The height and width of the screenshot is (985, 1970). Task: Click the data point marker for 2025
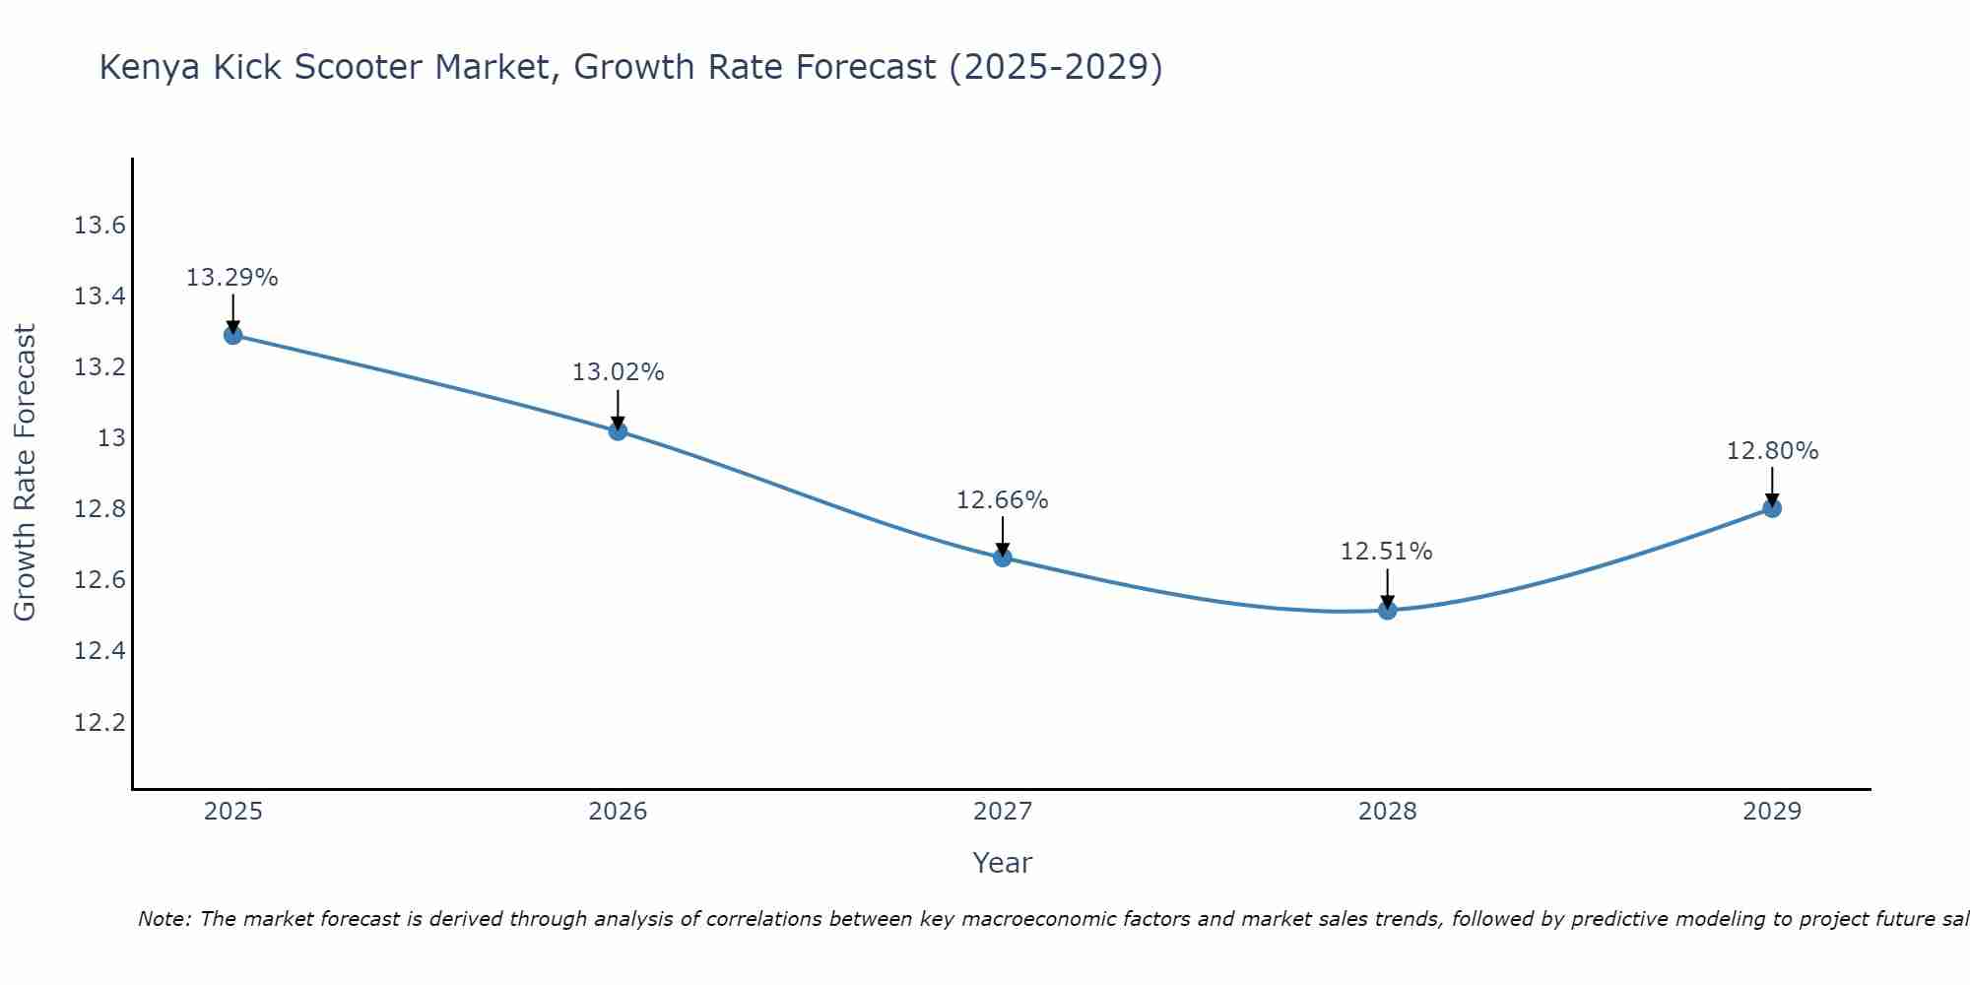click(x=233, y=335)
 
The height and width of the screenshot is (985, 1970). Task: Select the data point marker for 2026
click(x=618, y=430)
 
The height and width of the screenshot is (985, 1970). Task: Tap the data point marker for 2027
click(x=1003, y=558)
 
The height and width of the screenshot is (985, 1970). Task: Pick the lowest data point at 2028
click(x=1387, y=611)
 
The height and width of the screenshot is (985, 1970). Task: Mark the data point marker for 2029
click(x=1772, y=508)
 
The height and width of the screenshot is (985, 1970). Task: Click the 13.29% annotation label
click(x=232, y=278)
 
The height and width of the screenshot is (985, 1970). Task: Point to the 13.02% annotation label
click(x=618, y=372)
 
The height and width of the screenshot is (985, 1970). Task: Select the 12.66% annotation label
click(x=1003, y=500)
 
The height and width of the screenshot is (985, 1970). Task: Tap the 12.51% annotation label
click(x=1387, y=552)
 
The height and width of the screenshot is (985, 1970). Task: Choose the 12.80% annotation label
click(x=1772, y=451)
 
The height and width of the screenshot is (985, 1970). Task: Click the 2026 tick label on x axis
click(x=618, y=812)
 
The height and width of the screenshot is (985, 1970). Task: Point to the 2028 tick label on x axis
click(x=1387, y=812)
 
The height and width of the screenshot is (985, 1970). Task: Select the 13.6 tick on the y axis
click(x=99, y=226)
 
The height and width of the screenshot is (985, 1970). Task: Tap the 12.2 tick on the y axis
click(x=99, y=723)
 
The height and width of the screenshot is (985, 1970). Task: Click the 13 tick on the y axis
click(x=111, y=438)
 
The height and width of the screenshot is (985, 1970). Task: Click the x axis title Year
click(x=1002, y=863)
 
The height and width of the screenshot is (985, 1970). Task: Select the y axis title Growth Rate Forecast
click(x=25, y=473)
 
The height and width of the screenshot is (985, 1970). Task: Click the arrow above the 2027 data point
click(x=1003, y=535)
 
